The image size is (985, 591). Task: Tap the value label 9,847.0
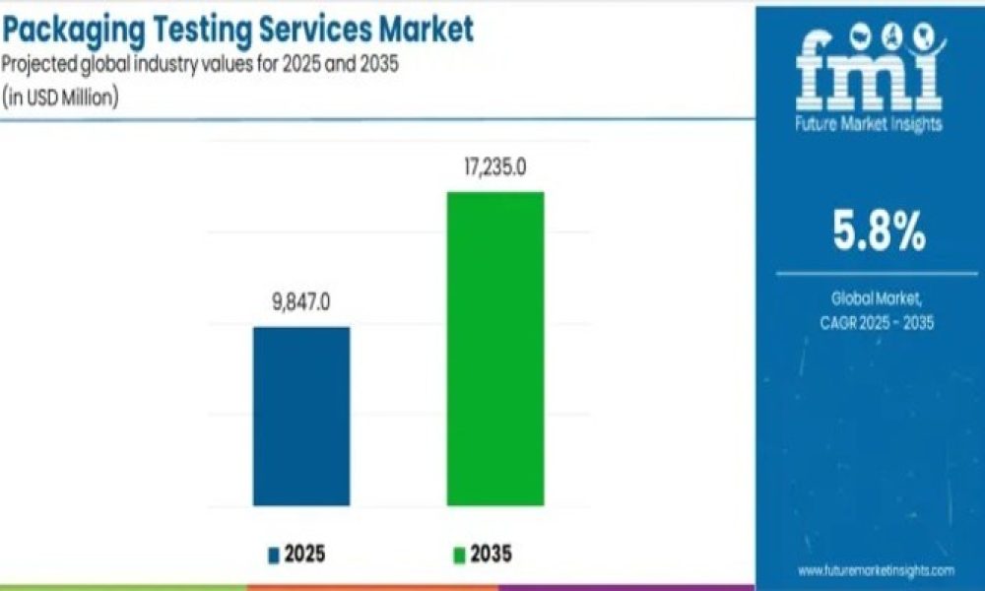pyautogui.click(x=301, y=302)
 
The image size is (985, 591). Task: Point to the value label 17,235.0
pyautogui.click(x=494, y=167)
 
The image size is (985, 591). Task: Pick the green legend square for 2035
pyautogui.click(x=459, y=556)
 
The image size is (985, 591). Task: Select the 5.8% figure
pyautogui.click(x=876, y=232)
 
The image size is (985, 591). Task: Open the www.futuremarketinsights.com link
pyautogui.click(x=876, y=570)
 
